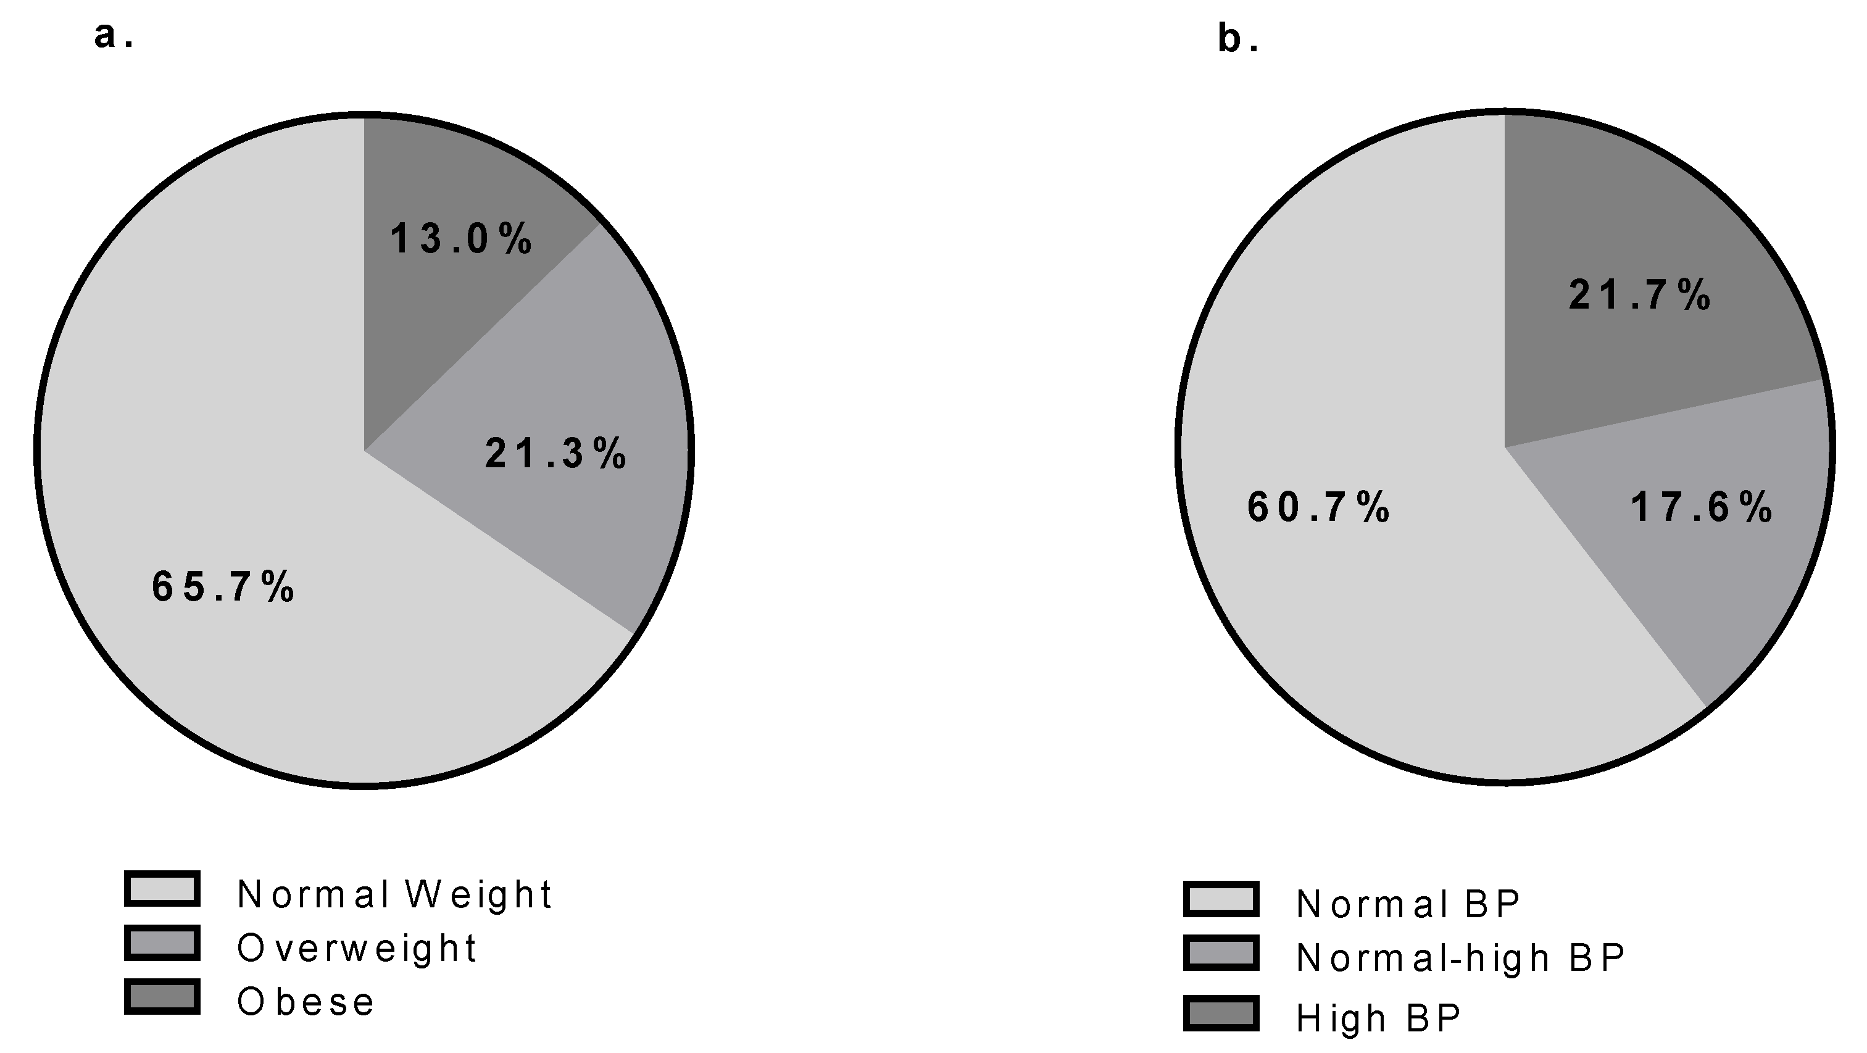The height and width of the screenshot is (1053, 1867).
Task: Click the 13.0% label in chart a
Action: coord(462,238)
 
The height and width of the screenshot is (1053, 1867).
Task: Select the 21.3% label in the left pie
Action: coord(556,454)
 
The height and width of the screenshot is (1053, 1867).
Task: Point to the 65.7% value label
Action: coord(223,586)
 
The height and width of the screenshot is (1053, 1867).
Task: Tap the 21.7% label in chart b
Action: coord(1639,296)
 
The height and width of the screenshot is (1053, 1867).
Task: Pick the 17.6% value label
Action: coord(1701,507)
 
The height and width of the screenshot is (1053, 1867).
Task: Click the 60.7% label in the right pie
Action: coord(1318,507)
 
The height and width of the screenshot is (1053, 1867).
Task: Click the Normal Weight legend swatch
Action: coord(162,888)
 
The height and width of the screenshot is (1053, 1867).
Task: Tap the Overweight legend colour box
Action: coord(162,943)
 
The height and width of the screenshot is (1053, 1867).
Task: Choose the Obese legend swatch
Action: coord(162,996)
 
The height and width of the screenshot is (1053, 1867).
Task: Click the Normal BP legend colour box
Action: coord(1221,899)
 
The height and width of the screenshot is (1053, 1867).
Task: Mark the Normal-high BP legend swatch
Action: coord(1221,953)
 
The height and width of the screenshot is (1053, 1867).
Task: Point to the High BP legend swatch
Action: coord(1221,1013)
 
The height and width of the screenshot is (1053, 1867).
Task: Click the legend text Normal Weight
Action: coord(395,894)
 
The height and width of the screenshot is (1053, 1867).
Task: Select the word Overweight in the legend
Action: coord(357,948)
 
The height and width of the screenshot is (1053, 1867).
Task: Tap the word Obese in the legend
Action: coord(306,1002)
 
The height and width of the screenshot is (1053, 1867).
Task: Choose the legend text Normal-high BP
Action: coord(1461,958)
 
